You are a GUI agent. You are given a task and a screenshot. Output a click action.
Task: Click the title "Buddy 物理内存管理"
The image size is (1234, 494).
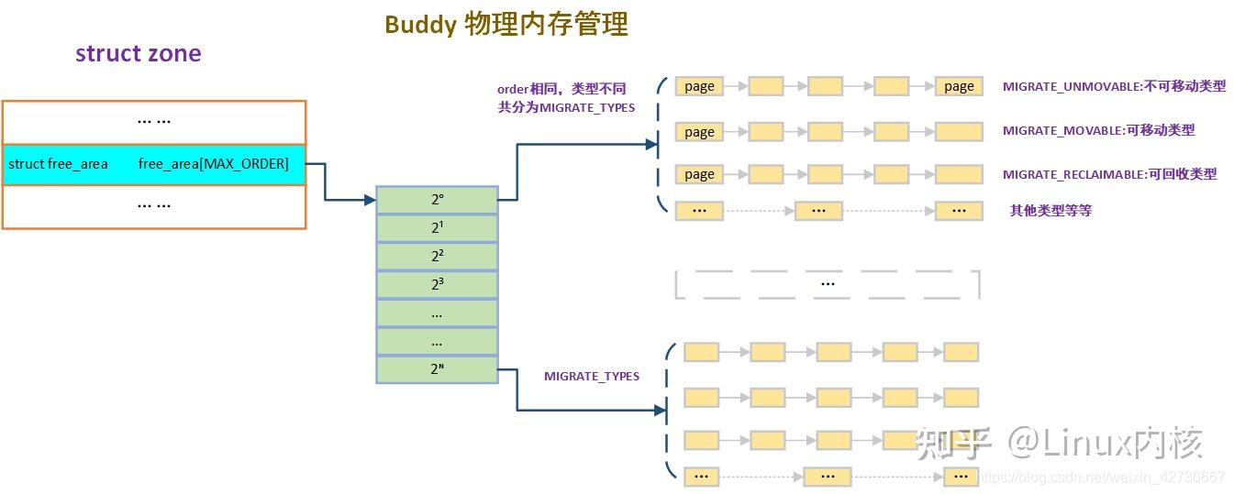(x=506, y=24)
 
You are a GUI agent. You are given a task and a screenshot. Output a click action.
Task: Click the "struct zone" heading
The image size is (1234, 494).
(x=138, y=53)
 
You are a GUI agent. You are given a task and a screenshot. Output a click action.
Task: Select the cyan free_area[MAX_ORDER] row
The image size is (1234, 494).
(x=153, y=164)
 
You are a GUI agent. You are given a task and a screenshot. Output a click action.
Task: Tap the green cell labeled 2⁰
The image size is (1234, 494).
(x=437, y=200)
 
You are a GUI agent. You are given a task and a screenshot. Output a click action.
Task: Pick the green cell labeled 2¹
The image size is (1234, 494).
(x=437, y=228)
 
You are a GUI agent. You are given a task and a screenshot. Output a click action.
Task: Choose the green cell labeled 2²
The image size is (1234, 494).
(x=437, y=257)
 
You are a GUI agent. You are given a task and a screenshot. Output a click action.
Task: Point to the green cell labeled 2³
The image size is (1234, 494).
(x=437, y=285)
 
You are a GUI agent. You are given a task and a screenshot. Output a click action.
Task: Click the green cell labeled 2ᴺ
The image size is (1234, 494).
(x=437, y=369)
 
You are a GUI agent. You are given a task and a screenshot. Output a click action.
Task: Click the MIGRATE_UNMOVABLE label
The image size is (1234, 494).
(x=1113, y=86)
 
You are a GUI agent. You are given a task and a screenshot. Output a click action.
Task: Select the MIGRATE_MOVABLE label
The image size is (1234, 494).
(x=1098, y=130)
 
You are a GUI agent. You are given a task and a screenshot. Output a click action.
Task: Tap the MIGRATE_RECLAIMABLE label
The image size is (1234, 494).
(x=1109, y=174)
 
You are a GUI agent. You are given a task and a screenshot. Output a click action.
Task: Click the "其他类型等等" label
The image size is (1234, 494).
(x=1051, y=211)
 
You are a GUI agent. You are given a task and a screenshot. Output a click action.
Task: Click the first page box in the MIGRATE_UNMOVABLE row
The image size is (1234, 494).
(x=699, y=86)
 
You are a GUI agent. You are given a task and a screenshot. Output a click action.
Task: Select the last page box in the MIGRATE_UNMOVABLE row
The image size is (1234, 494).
(x=959, y=86)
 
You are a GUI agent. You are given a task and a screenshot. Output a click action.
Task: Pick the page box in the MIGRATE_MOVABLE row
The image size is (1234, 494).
(x=699, y=132)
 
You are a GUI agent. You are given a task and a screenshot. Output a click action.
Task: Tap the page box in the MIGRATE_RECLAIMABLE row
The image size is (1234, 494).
(x=699, y=174)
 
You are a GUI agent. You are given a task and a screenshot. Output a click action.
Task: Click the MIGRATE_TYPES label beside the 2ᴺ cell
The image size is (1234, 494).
(x=591, y=376)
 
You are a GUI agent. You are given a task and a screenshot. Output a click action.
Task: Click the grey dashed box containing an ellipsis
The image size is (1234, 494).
(x=828, y=284)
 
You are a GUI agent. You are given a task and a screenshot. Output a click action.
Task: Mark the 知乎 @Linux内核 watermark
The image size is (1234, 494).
(x=1060, y=444)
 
